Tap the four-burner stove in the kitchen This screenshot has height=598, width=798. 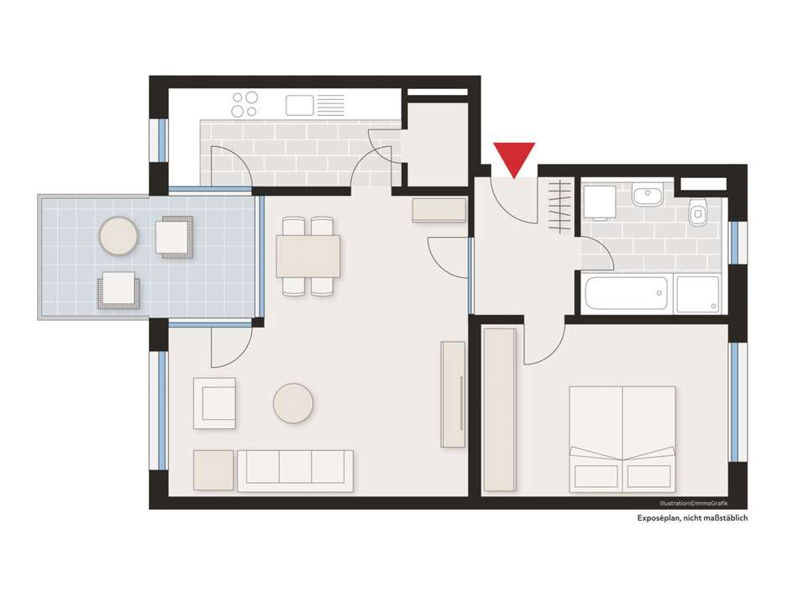coord(244,104)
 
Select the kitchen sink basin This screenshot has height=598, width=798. coord(300,105)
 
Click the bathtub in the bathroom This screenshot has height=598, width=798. coord(626,293)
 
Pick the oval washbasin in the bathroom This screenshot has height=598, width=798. coord(648,196)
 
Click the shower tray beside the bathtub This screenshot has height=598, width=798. coord(696,294)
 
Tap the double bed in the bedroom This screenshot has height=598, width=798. coord(622,439)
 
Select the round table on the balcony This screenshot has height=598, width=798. coord(118,236)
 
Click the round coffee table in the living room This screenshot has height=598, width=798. coord(293,403)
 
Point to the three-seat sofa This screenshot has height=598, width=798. coord(295,470)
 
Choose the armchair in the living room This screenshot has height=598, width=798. coord(215,403)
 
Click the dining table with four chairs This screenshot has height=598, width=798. coord(308,256)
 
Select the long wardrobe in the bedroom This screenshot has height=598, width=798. coord(500,410)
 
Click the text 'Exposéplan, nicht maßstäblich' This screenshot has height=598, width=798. coord(692,518)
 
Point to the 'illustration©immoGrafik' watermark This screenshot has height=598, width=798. coord(694,503)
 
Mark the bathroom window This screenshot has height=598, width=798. coord(735,243)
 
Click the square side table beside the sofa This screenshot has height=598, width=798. coord(213,470)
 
